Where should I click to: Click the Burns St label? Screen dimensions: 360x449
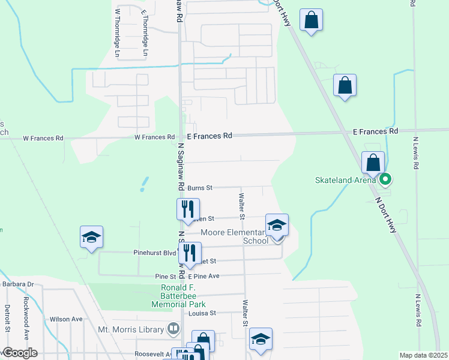[x=200, y=188]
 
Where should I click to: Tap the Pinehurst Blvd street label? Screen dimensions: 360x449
[x=155, y=254]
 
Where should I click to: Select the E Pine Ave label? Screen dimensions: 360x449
[x=203, y=277]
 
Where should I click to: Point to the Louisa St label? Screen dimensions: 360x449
[x=202, y=313]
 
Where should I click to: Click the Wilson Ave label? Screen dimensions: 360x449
[x=66, y=319]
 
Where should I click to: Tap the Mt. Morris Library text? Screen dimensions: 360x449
[x=131, y=329]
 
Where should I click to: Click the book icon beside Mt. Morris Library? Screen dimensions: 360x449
[x=173, y=329]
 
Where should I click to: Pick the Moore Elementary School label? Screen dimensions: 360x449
[x=234, y=236]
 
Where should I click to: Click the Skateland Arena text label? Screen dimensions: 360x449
[x=346, y=179]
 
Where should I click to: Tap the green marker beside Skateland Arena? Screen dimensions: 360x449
[x=386, y=179]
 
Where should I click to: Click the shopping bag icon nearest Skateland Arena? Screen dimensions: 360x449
[x=373, y=162]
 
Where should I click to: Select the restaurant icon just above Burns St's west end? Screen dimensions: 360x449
[x=188, y=209]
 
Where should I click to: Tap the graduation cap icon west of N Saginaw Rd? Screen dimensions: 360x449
[x=91, y=238]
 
